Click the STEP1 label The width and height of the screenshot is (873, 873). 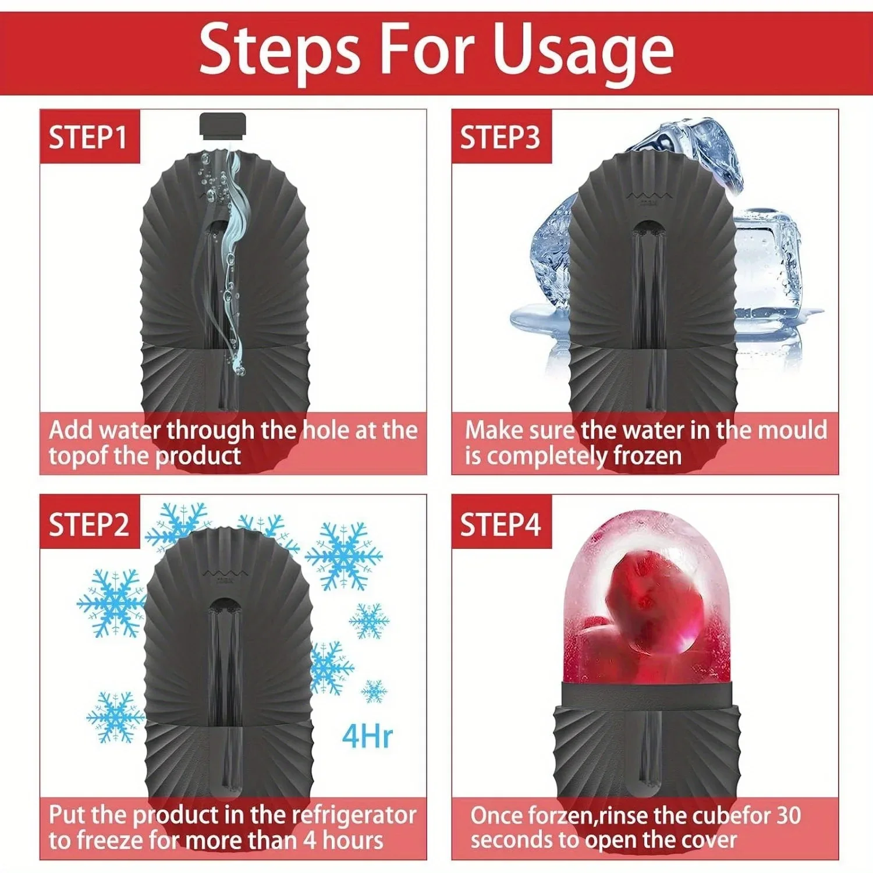tap(88, 137)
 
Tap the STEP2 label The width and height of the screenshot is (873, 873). tap(88, 524)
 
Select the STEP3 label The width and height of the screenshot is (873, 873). tap(500, 137)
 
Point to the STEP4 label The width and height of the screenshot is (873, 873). tap(500, 524)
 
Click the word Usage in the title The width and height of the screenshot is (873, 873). tap(583, 51)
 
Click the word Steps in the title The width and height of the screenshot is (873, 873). tap(279, 51)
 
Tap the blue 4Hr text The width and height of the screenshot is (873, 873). tap(367, 736)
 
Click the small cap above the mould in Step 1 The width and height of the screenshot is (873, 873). tap(223, 125)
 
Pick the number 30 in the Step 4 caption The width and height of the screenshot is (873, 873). tap(787, 815)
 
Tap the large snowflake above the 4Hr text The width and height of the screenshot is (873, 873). tap(344, 556)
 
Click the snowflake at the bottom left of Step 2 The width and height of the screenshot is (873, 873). tap(115, 717)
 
